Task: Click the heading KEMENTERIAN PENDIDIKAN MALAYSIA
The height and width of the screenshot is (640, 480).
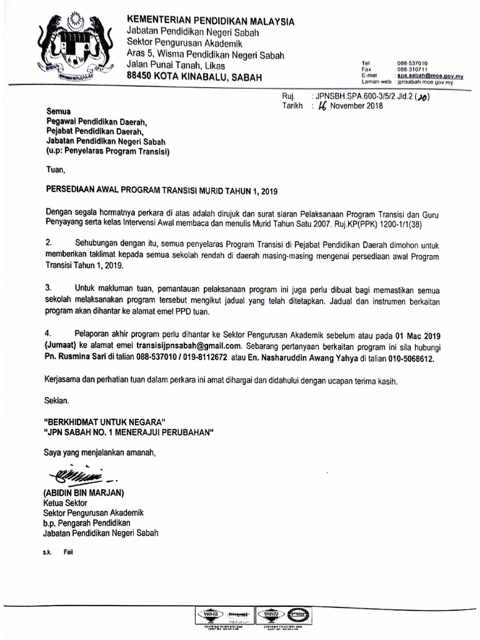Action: [211, 21]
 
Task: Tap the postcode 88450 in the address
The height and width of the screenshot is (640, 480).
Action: [141, 77]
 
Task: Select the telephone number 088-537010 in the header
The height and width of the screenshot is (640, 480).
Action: [412, 64]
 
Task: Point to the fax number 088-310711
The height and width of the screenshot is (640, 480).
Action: [412, 69]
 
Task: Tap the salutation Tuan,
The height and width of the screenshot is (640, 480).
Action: [56, 169]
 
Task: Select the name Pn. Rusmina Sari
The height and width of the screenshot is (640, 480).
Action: [79, 359]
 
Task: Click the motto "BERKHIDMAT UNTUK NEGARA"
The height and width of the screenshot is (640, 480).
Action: [105, 421]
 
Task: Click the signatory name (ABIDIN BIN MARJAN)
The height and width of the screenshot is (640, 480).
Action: [84, 492]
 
